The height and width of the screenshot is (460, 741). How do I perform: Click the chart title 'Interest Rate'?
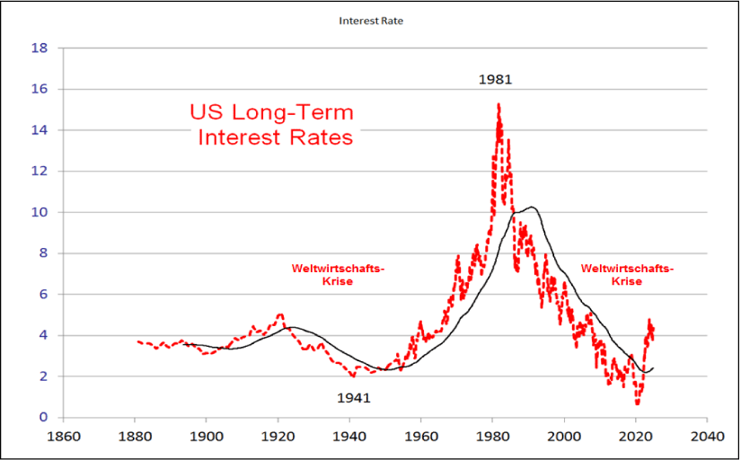coord(370,20)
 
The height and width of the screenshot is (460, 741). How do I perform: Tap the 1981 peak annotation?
coord(495,79)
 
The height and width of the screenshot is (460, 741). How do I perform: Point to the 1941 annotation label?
coord(354,397)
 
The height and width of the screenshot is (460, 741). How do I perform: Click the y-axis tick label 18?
coord(39,49)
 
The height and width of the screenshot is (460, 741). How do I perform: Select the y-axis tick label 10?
coord(39,213)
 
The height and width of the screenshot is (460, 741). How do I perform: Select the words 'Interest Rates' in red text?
coord(276,137)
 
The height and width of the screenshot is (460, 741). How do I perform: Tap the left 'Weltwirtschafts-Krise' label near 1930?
coord(337,275)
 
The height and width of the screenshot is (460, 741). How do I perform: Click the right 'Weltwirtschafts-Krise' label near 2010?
coord(626,275)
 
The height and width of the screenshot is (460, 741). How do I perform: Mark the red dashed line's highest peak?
coord(498,105)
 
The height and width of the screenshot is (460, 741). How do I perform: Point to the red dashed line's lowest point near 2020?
coord(638,402)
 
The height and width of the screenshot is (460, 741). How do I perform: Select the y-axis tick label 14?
coord(39,130)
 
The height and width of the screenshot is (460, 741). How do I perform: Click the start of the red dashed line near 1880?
coord(137,341)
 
